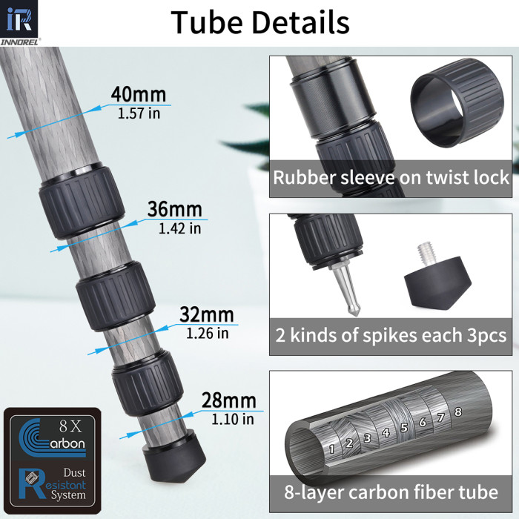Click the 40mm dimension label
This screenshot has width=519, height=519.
tap(138, 95)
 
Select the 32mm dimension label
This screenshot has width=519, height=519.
tap(206, 314)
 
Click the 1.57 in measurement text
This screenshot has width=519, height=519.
tap(138, 113)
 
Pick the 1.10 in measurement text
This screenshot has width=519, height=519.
tap(233, 419)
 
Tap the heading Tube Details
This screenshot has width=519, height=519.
tap(259, 22)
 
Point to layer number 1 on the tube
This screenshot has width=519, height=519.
tap(332, 447)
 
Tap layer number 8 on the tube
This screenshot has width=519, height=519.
tap(458, 411)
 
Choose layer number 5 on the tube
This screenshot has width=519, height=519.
tap(403, 427)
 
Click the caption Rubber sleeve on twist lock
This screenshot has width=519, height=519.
tap(391, 178)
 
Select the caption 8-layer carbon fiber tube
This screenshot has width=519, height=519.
tap(391, 492)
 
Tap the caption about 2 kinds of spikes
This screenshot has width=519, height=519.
tap(391, 335)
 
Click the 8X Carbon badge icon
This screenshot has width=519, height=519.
tap(50, 437)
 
